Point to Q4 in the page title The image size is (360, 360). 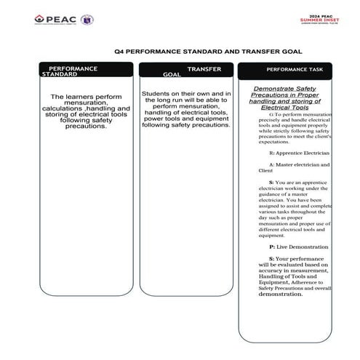(128, 52)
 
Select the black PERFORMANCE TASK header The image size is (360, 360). (289, 70)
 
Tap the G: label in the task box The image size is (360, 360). (272, 115)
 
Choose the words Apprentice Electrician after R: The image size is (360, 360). (304, 153)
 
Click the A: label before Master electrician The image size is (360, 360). (272, 164)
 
